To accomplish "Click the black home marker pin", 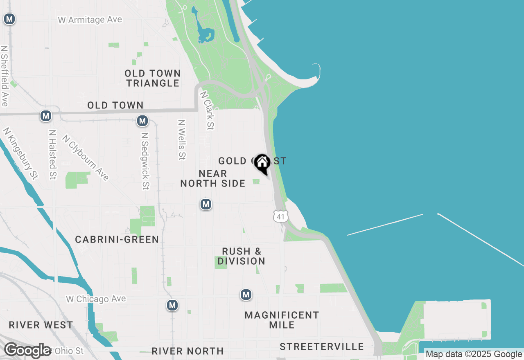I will pyautogui.click(x=262, y=163).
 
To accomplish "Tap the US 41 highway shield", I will pyautogui.click(x=281, y=216).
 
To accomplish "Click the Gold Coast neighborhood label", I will pyautogui.click(x=252, y=161).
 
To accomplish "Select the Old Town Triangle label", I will pyautogui.click(x=153, y=78).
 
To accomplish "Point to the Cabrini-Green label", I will pyautogui.click(x=117, y=239).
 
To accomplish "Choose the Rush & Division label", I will pyautogui.click(x=242, y=256).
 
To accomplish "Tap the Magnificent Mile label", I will pyautogui.click(x=282, y=320).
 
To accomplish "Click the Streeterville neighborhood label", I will pyautogui.click(x=322, y=346).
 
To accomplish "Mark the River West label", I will pyautogui.click(x=41, y=325).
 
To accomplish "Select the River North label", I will pyautogui.click(x=187, y=351).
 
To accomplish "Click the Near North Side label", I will pyautogui.click(x=213, y=179).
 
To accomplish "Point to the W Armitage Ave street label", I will pyautogui.click(x=90, y=20).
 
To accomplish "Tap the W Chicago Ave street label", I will pyautogui.click(x=96, y=299).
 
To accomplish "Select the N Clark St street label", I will pyautogui.click(x=207, y=110).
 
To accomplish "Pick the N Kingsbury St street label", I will pyautogui.click(x=20, y=153).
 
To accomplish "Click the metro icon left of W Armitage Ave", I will pyautogui.click(x=9, y=19).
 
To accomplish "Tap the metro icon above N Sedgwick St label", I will pyautogui.click(x=142, y=121).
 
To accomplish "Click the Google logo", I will pyautogui.click(x=28, y=351).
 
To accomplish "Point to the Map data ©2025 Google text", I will pyautogui.click(x=474, y=354).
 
